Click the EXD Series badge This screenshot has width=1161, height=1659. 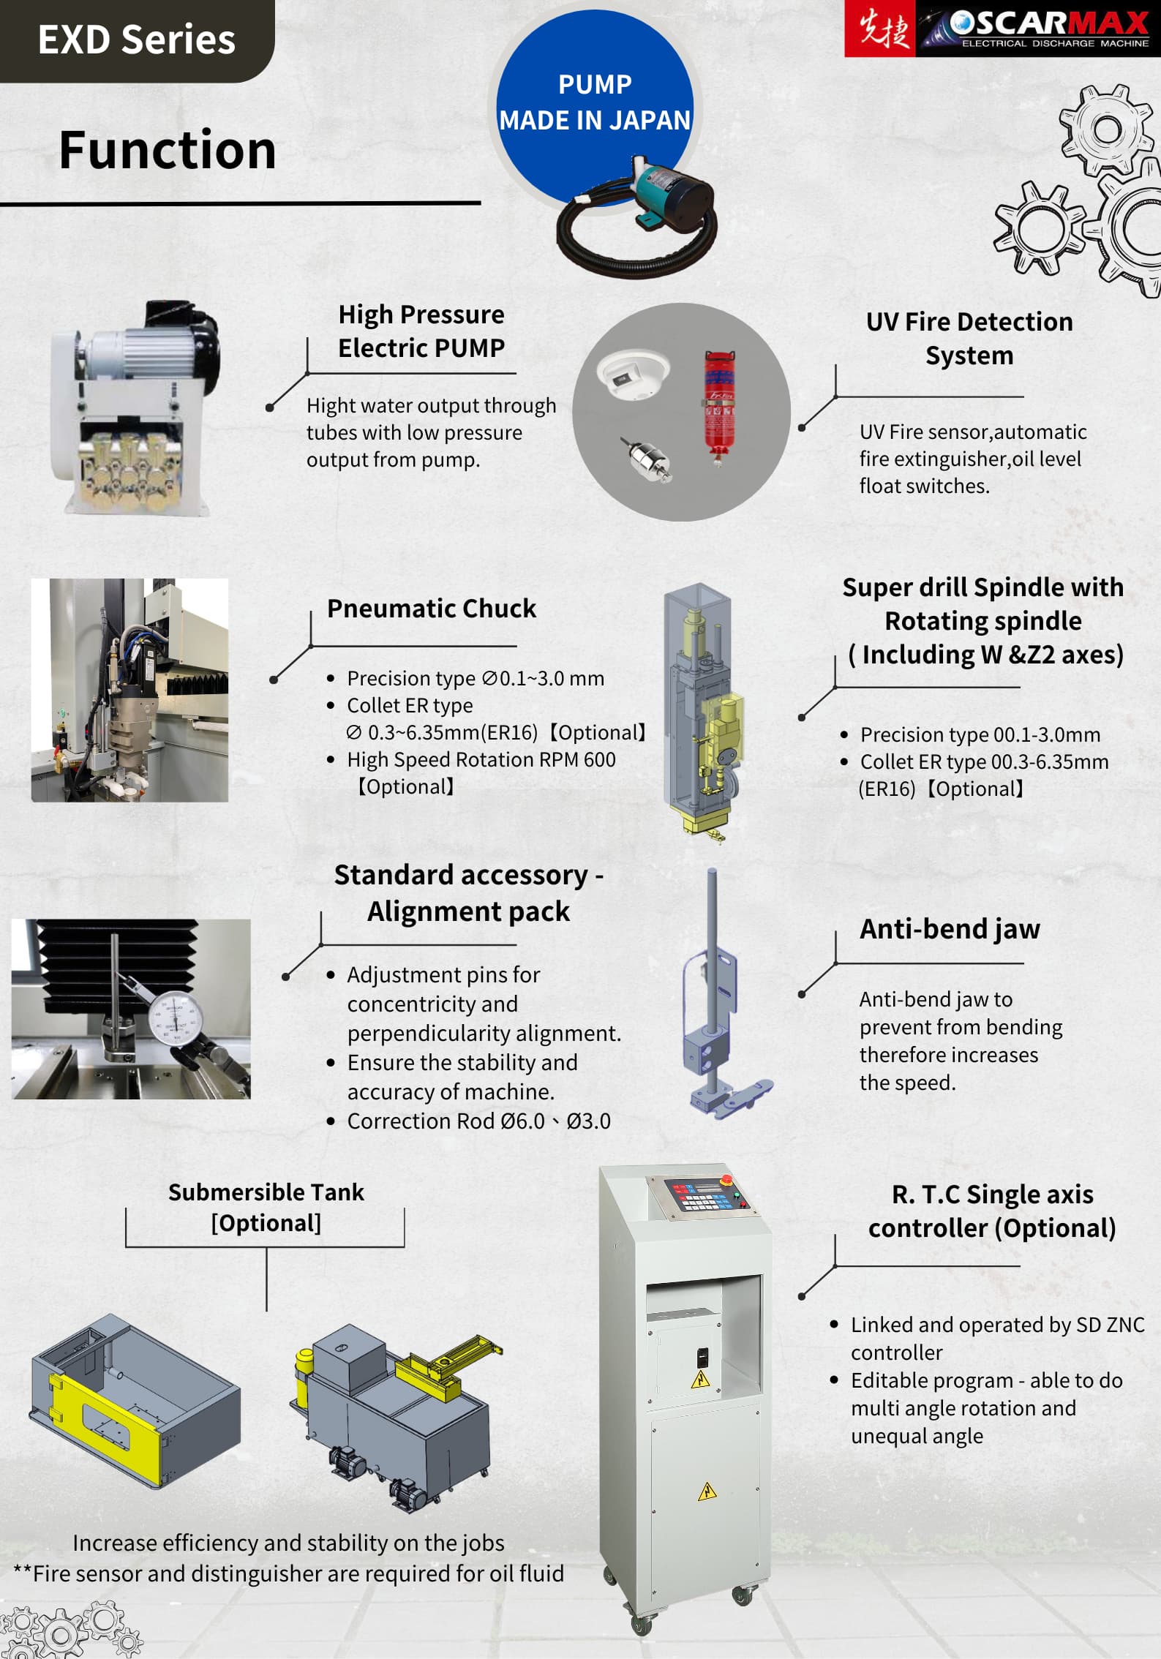[136, 39]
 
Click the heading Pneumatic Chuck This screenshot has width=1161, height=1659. [431, 609]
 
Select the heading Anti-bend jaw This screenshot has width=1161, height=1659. [949, 929]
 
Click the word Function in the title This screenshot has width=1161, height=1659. [168, 150]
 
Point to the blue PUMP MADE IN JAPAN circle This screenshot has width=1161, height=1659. [594, 102]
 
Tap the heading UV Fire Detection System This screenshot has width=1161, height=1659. [969, 338]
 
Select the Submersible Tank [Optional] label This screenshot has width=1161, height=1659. [266, 1207]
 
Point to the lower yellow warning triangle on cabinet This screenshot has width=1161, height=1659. [707, 1491]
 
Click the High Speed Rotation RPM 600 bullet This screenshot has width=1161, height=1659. [481, 759]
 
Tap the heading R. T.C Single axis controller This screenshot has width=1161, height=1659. [991, 1211]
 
